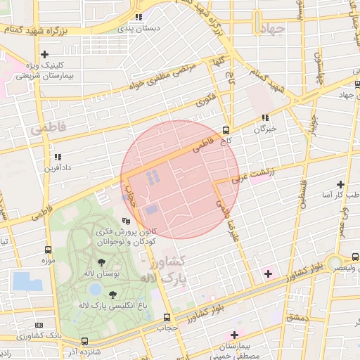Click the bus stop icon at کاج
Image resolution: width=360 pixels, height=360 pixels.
(226, 130)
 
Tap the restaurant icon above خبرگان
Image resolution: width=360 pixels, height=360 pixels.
(265, 118)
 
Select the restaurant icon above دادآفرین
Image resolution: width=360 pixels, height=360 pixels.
(58, 157)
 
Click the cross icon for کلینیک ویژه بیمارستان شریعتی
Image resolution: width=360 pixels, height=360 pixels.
(45, 54)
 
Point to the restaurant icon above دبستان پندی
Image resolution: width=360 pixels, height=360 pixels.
(139, 17)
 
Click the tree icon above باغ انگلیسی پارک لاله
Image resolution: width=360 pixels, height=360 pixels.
(112, 295)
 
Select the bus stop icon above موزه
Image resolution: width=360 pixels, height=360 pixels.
(49, 250)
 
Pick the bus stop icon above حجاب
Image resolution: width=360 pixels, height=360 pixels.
(167, 317)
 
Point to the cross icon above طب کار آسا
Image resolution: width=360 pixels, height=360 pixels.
(341, 184)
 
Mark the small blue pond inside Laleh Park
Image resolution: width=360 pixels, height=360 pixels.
(96, 288)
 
